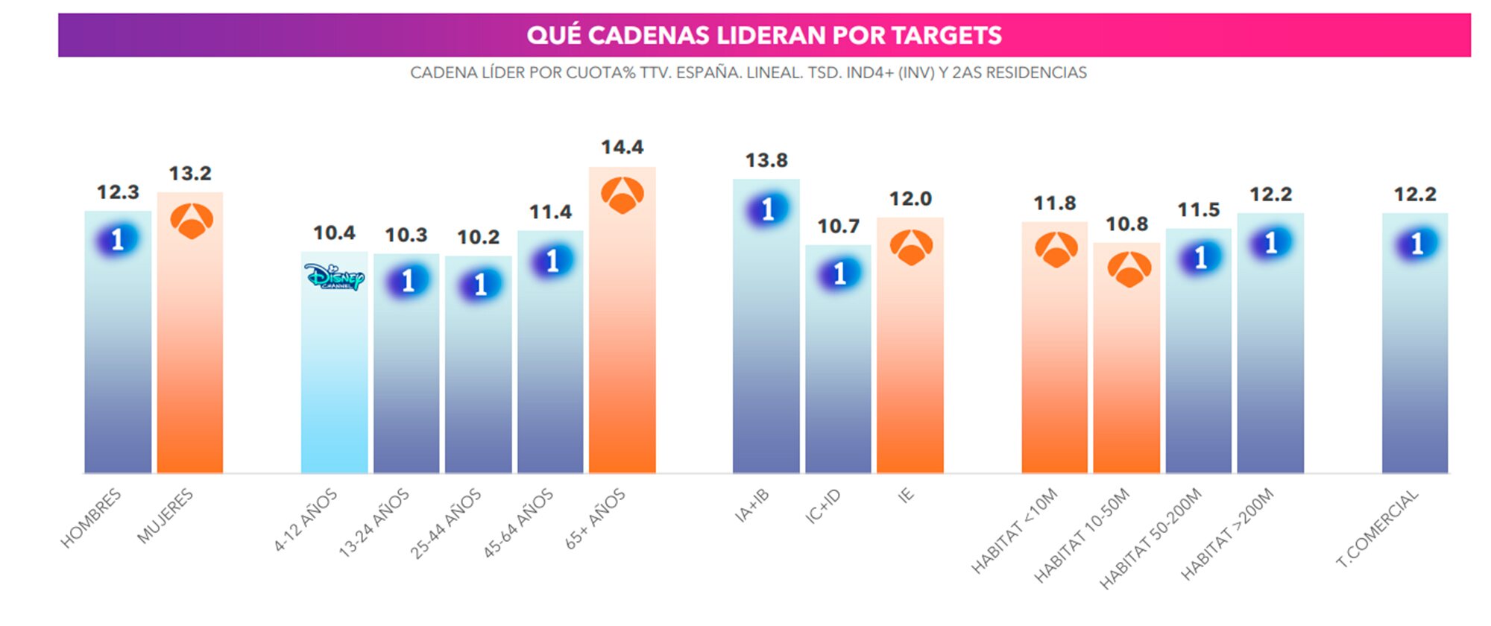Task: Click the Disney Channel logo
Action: tap(334, 277)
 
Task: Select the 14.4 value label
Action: tap(622, 148)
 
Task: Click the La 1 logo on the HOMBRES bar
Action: tap(118, 239)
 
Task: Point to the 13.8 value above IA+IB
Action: tap(766, 160)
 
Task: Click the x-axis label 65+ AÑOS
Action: tap(596, 519)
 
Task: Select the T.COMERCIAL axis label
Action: tap(1377, 528)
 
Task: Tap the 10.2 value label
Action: tap(478, 237)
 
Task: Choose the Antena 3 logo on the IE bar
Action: tap(911, 247)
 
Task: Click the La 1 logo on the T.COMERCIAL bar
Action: tap(1416, 244)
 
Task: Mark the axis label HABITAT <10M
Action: tap(1015, 531)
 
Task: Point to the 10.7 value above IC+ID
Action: tap(838, 226)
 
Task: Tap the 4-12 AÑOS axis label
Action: tap(306, 520)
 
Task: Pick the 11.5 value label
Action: tap(1198, 210)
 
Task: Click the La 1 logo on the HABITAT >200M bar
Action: tap(1270, 242)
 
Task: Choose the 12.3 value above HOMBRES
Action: tap(118, 192)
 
